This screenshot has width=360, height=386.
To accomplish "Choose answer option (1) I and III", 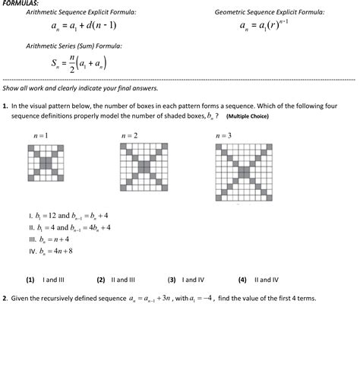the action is (46, 280).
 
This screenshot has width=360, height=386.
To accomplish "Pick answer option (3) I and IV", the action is (186, 280).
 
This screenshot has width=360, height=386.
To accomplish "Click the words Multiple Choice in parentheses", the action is (247, 117).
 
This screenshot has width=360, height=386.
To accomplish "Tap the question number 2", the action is (5, 299).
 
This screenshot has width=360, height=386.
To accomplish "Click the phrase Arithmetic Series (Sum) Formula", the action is (74, 46).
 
